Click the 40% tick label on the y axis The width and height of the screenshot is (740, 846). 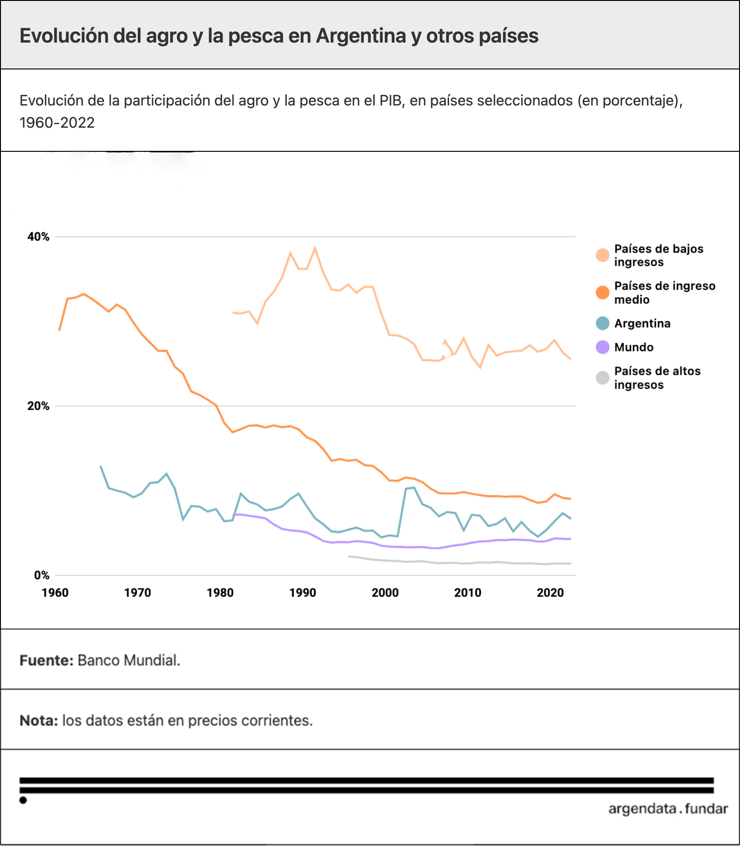(38, 237)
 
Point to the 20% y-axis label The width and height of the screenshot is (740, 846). (38, 406)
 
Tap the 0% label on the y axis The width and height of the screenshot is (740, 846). (42, 575)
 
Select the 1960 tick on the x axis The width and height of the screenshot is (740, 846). (55, 593)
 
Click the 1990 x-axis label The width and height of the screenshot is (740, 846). (303, 593)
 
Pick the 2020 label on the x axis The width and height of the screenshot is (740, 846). (550, 593)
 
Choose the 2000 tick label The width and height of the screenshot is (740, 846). (385, 593)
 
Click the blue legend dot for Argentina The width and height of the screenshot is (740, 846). (603, 323)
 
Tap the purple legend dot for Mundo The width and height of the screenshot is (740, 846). (603, 347)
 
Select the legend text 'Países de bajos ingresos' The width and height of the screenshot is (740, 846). (659, 255)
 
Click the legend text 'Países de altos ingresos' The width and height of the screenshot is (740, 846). (657, 378)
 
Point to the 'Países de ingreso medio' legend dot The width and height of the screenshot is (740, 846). (603, 292)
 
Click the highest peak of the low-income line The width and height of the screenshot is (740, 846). (315, 248)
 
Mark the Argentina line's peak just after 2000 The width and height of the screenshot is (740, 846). (414, 487)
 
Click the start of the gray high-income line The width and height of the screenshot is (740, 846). (349, 556)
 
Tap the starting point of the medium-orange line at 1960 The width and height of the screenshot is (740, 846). (59, 330)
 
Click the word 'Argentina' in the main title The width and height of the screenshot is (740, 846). (361, 36)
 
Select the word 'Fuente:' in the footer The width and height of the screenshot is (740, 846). (47, 660)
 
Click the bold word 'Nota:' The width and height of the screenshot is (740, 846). (39, 721)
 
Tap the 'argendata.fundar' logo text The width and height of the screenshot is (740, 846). (668, 809)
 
